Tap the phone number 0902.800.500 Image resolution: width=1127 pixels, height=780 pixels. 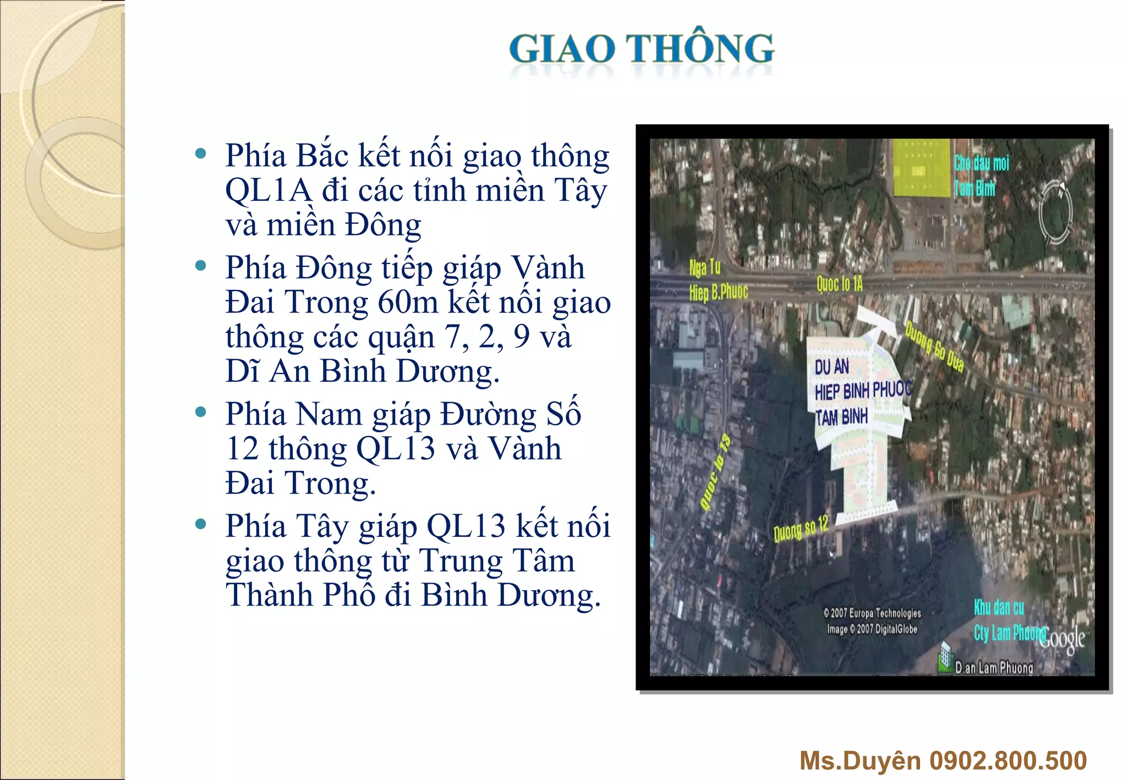pyautogui.click(x=1008, y=761)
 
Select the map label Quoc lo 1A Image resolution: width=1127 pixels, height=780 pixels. pyautogui.click(x=839, y=284)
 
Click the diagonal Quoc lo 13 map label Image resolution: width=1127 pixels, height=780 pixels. pyautogui.click(x=715, y=472)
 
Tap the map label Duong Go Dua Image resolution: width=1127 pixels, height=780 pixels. pyautogui.click(x=934, y=347)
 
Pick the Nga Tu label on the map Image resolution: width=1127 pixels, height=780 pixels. pyautogui.click(x=705, y=268)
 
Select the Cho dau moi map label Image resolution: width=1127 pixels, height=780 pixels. pyautogui.click(x=982, y=163)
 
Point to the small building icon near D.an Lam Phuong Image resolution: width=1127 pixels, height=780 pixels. pyautogui.click(x=945, y=656)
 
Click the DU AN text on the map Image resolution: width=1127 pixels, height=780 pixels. pyautogui.click(x=831, y=367)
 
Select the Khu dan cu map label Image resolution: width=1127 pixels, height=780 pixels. pyautogui.click(x=999, y=608)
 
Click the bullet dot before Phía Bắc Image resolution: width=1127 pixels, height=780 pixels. pyautogui.click(x=201, y=153)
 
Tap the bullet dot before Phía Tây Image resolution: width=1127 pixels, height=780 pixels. pyautogui.click(x=201, y=524)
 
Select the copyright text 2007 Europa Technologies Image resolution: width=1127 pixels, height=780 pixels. pyautogui.click(x=873, y=613)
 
